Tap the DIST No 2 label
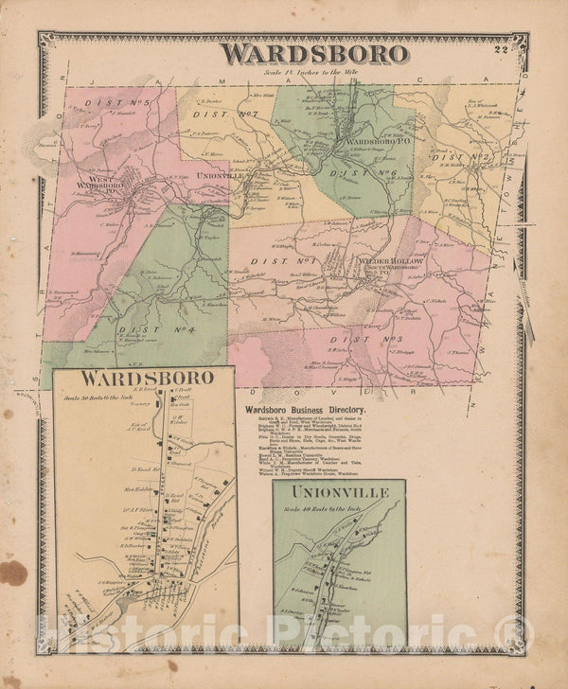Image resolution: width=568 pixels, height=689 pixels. pyautogui.click(x=463, y=157)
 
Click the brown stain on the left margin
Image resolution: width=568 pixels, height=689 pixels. pyautogui.click(x=13, y=573)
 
